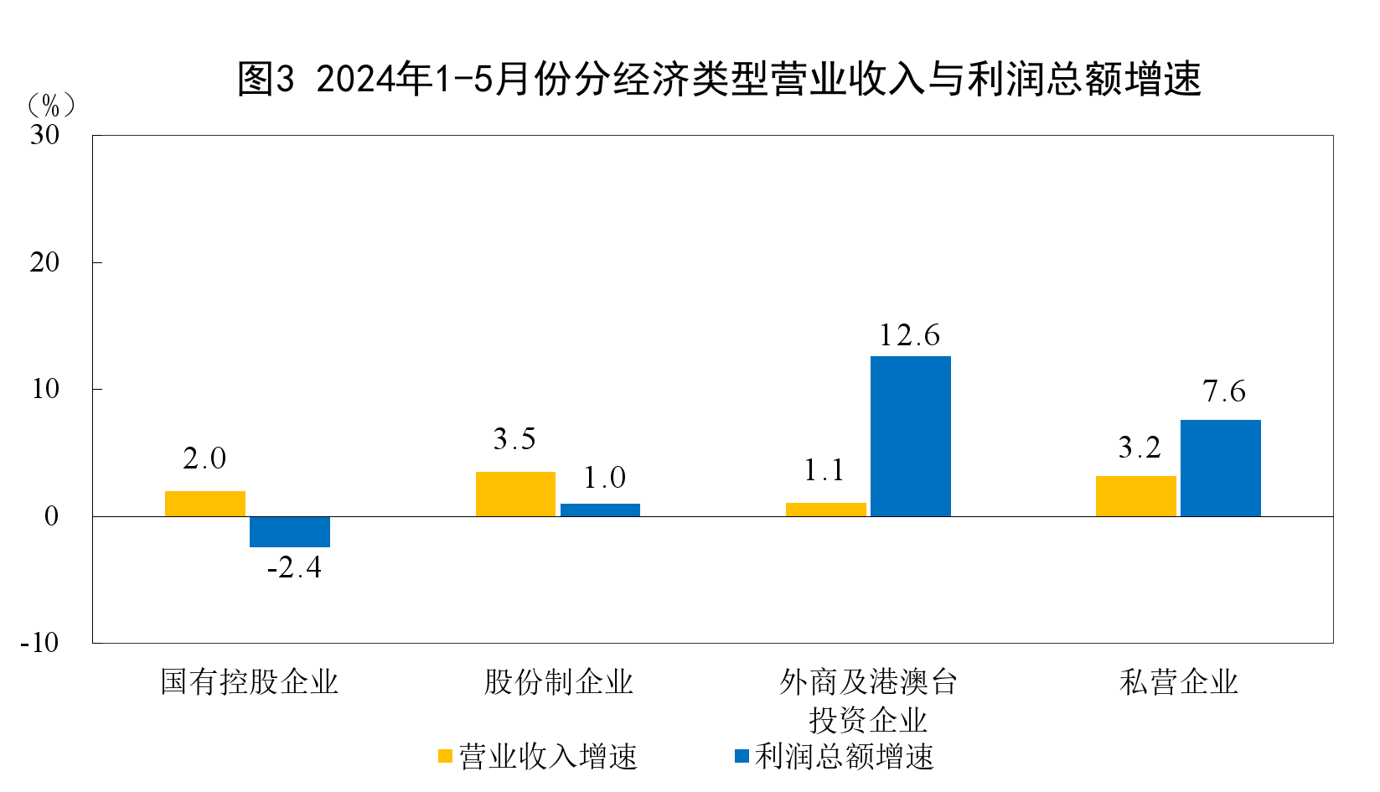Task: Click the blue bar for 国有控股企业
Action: [x=290, y=531]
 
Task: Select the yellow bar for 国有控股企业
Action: [x=205, y=504]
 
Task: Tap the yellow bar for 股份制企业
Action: [x=515, y=494]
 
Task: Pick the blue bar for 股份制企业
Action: [x=600, y=510]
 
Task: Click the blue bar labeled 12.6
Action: [x=910, y=436]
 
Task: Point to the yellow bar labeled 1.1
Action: [x=825, y=510]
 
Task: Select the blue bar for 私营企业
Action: [x=1220, y=468]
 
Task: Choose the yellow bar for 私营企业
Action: [x=1135, y=496]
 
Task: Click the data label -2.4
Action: [x=294, y=568]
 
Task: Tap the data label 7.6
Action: [x=1224, y=391]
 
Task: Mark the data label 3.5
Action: [x=514, y=439]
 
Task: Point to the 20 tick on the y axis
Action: [x=45, y=262]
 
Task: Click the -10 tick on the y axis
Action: [x=40, y=643]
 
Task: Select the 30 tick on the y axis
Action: [x=45, y=135]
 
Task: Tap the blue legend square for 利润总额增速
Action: [x=742, y=756]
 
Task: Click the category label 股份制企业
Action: [x=558, y=682]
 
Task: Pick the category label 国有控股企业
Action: [x=249, y=682]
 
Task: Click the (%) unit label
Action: [x=51, y=106]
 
